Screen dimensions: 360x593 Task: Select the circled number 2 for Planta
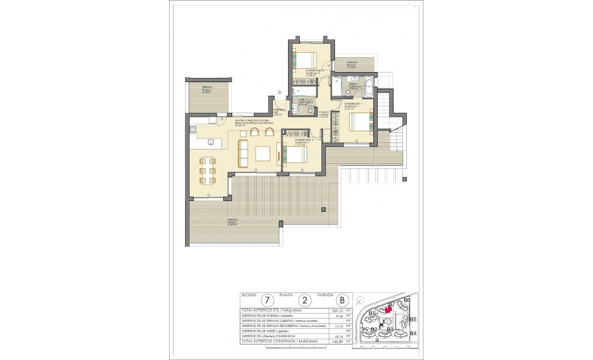click(305, 300)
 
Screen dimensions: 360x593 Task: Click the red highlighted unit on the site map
click(388, 310)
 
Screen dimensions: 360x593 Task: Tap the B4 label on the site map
click(412, 333)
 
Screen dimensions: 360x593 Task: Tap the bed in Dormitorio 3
click(295, 155)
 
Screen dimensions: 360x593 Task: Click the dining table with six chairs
click(208, 171)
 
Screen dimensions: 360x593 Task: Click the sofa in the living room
click(242, 153)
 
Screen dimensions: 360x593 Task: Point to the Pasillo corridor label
click(324, 112)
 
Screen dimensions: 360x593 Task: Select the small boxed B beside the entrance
click(280, 92)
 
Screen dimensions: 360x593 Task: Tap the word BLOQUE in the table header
click(248, 295)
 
